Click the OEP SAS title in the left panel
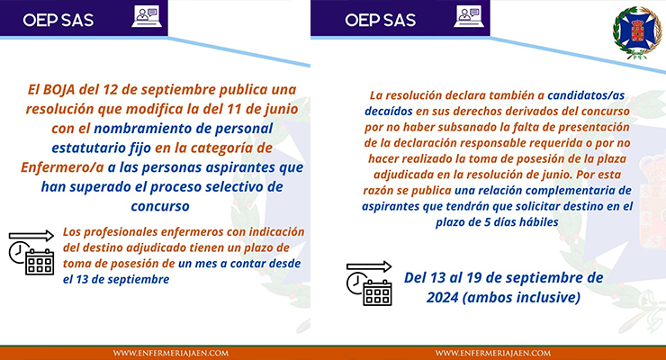point(58,20)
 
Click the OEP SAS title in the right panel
point(380,20)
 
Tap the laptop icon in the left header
point(147,16)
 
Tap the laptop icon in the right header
point(469,16)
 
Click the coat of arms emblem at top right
point(637,32)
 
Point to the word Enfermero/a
point(62,167)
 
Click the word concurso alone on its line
point(160,206)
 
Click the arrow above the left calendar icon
point(31,236)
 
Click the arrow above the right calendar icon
point(369,266)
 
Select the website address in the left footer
point(171,353)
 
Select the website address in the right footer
point(492,353)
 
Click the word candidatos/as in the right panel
point(586,95)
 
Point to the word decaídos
point(388,112)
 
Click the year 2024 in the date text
point(442,298)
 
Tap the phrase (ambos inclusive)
point(521,298)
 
